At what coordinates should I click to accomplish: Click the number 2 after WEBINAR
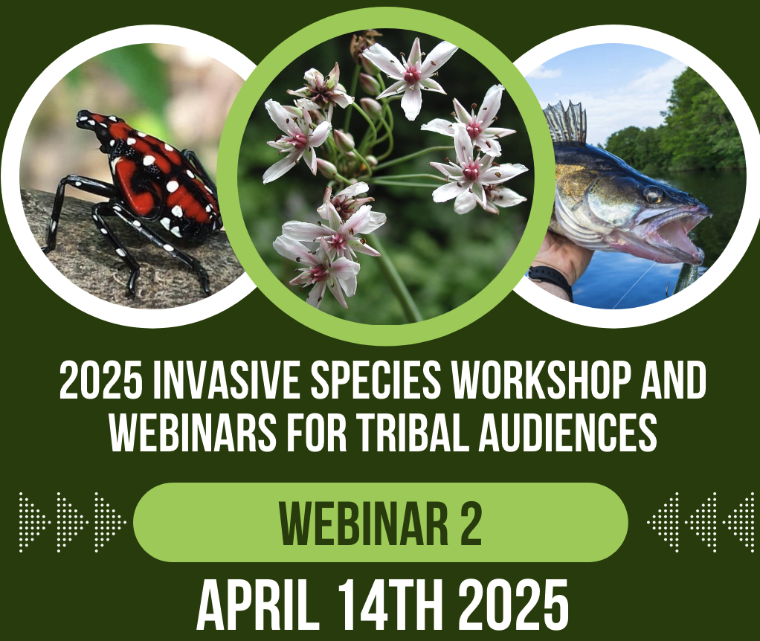(468, 522)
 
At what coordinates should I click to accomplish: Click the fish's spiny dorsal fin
(565, 123)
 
